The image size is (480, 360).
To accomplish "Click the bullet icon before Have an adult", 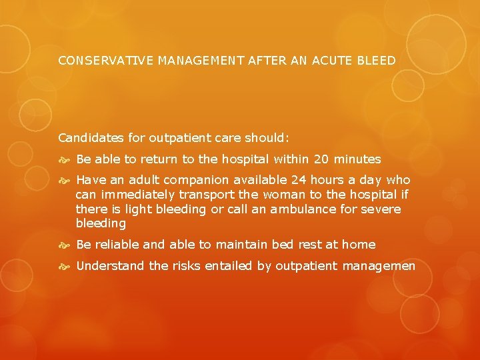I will pyautogui.click(x=65, y=181).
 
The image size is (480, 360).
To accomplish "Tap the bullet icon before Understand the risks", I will pyautogui.click(x=65, y=267).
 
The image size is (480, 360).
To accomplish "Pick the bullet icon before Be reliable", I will pyautogui.click(x=65, y=245).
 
